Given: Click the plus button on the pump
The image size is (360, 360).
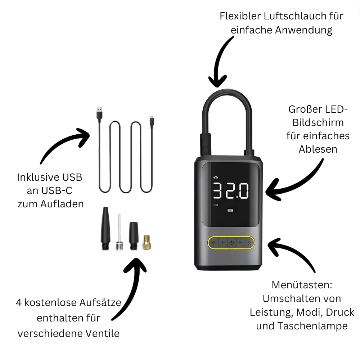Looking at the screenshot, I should point(222,243).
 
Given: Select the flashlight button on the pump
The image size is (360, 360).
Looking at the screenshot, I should point(213,243).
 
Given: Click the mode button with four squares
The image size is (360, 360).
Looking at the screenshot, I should point(249,243).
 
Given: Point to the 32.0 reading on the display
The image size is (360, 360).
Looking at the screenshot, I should point(230,190).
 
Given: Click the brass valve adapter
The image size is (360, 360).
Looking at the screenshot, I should point(146,242).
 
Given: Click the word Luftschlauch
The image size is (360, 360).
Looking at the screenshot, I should point(293,16).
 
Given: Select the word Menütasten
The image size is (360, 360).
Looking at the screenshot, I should point(302,285).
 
